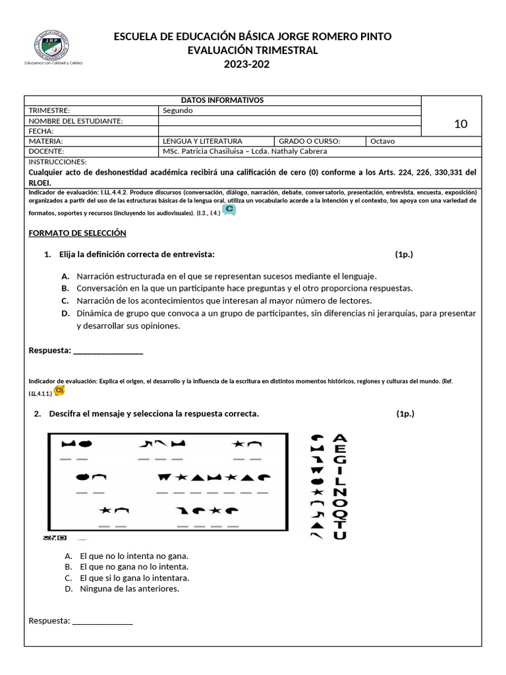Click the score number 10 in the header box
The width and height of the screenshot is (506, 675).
click(x=461, y=123)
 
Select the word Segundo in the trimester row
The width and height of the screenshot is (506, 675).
click(x=178, y=111)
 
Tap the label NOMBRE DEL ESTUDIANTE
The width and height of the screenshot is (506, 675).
click(x=76, y=121)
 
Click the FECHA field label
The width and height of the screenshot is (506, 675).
click(x=42, y=131)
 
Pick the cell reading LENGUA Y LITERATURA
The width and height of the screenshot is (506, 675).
click(x=203, y=141)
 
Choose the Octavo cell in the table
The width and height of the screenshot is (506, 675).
click(x=384, y=141)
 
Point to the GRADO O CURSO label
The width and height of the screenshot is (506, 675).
click(x=309, y=141)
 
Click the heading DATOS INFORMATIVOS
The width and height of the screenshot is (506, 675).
click(x=222, y=100)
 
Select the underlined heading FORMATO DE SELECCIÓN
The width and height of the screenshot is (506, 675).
click(x=78, y=233)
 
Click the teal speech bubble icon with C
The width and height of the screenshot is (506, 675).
click(x=229, y=210)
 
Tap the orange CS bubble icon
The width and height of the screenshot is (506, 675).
click(x=60, y=391)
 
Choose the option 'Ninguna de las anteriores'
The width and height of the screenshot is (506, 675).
click(x=129, y=589)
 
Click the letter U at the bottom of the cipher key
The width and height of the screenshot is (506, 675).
click(x=339, y=535)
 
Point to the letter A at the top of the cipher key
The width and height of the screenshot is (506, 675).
click(x=340, y=438)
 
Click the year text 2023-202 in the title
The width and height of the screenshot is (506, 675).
click(x=246, y=64)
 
